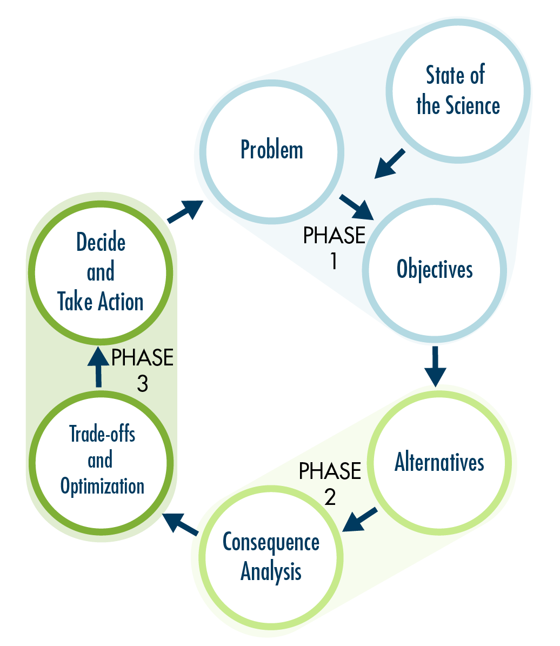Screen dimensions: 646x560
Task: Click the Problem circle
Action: tap(272, 151)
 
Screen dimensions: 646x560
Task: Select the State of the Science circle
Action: tap(457, 90)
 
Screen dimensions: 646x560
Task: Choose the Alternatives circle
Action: tap(439, 463)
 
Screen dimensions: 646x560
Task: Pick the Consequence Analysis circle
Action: tap(271, 557)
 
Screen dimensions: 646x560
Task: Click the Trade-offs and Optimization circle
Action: tap(102, 460)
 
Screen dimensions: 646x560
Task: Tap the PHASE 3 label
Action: tap(142, 370)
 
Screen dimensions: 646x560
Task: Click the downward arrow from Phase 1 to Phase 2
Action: tap(435, 365)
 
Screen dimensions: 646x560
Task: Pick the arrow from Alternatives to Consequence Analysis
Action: tap(360, 520)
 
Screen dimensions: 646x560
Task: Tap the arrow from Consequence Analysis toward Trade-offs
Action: tap(181, 523)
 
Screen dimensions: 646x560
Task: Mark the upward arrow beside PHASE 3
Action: tap(98, 366)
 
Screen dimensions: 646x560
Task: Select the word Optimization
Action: tap(103, 486)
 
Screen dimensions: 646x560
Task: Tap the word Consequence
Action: tap(271, 542)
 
